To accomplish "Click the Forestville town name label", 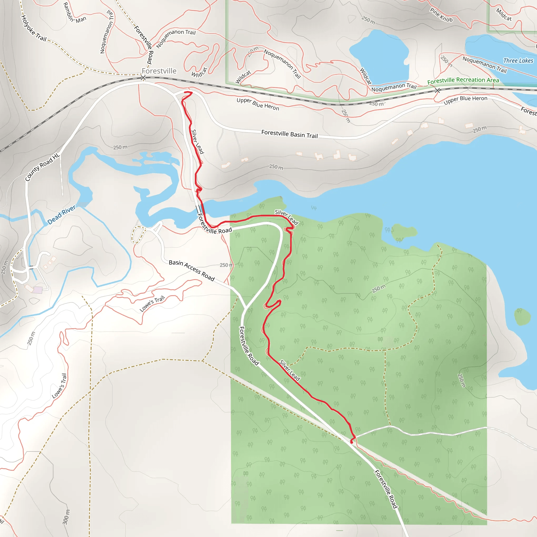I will click(159, 71).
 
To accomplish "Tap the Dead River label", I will click(61, 214).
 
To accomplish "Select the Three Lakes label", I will click(518, 61).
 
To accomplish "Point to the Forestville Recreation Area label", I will click(463, 80).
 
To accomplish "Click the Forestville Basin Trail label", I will click(289, 134).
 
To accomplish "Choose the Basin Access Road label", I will click(192, 270).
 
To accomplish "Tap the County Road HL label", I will click(42, 167).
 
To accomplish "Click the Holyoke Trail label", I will click(34, 28).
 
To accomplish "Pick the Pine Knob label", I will click(441, 15).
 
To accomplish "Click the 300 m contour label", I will click(66, 517).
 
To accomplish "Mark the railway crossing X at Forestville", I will click(143, 78).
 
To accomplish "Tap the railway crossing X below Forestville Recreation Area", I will click(437, 90).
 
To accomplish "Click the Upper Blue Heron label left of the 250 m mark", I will click(258, 104).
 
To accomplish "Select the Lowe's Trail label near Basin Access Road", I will click(152, 304).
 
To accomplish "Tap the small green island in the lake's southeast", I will click(522, 316).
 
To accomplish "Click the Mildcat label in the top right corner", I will click(504, 14).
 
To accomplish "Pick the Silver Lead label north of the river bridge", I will click(198, 142).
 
